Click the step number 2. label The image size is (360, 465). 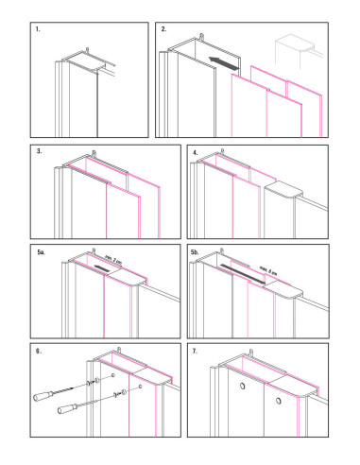click(163, 31)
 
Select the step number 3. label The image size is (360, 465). click(39, 151)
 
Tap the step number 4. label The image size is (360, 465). click(195, 151)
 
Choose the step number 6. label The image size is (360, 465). click(39, 352)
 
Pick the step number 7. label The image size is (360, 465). click(195, 352)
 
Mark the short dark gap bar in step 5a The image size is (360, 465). click(101, 269)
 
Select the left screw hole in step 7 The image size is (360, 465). click(242, 388)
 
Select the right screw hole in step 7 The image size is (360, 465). click(279, 403)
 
